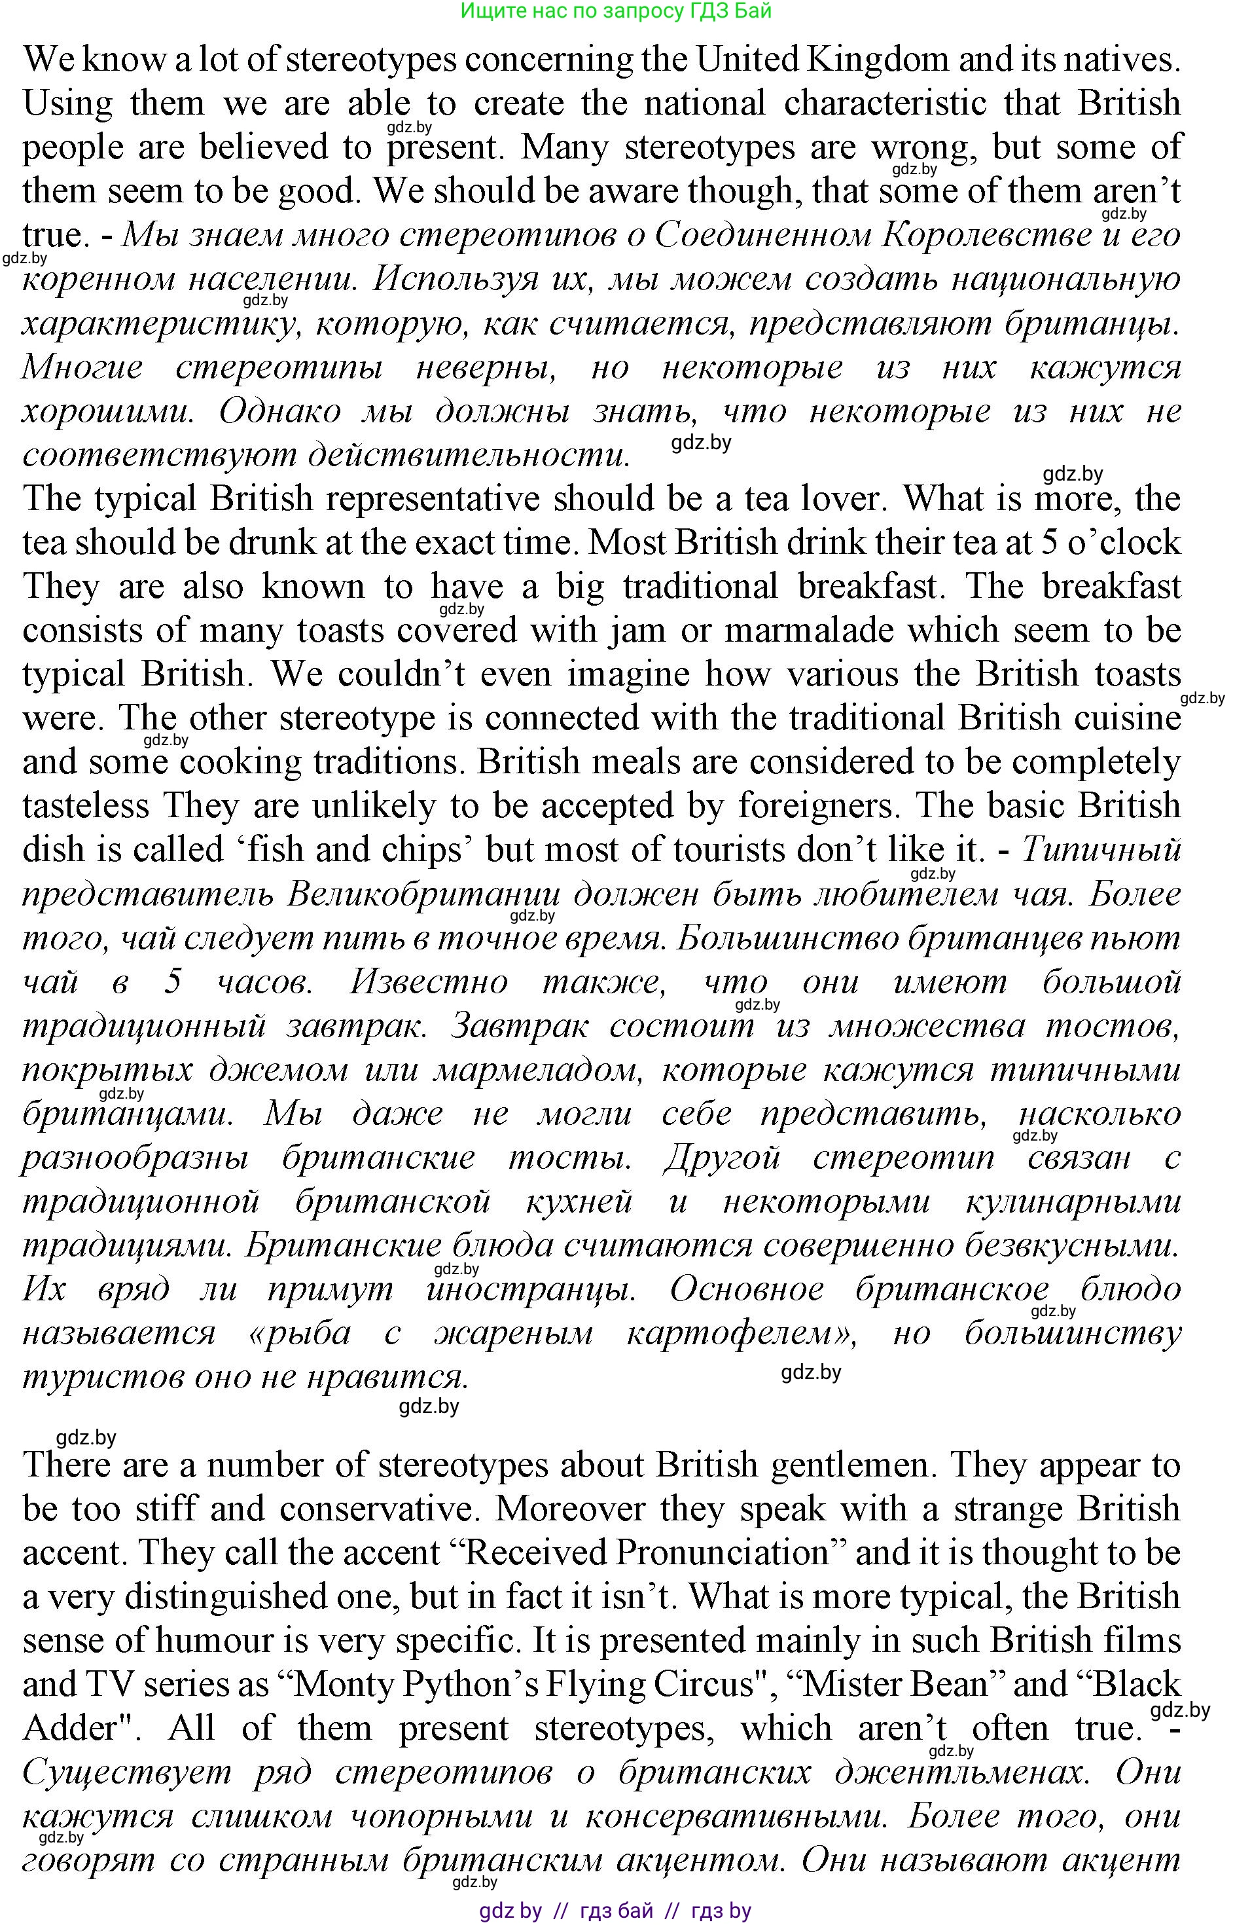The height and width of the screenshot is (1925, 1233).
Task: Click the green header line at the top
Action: [616, 10]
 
